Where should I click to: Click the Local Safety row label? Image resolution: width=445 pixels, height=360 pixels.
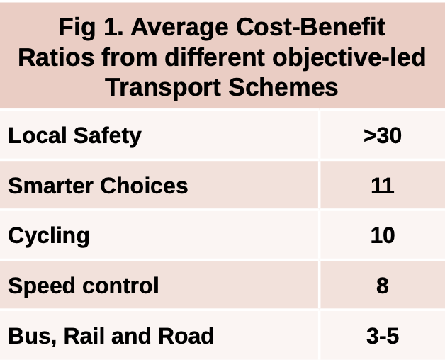74,135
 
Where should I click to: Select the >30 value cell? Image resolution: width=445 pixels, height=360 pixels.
382,135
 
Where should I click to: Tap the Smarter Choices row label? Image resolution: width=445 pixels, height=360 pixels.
98,186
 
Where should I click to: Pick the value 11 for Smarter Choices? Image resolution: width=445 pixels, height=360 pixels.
382,186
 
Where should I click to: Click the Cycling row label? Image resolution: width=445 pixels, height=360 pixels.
49,235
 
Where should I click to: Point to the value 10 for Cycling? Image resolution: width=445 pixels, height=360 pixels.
382,235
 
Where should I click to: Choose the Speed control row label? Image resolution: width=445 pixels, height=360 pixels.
83,286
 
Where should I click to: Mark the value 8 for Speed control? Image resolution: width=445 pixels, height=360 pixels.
382,286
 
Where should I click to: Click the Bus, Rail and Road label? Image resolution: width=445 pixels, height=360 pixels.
111,335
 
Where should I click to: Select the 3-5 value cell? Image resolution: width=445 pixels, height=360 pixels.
382,335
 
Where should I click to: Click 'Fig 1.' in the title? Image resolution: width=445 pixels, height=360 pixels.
89,28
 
